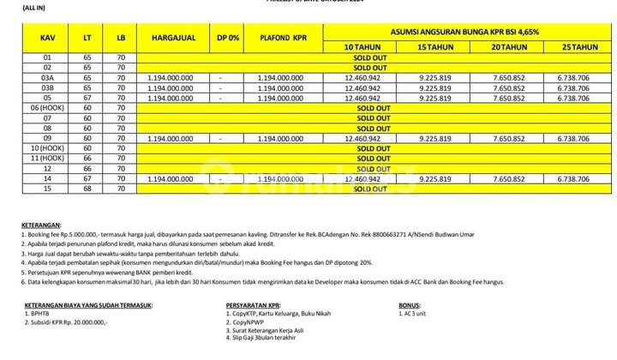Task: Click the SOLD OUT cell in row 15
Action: (x=373, y=188)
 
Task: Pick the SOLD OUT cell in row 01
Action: (x=373, y=57)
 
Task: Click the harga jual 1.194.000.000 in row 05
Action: (x=171, y=97)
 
